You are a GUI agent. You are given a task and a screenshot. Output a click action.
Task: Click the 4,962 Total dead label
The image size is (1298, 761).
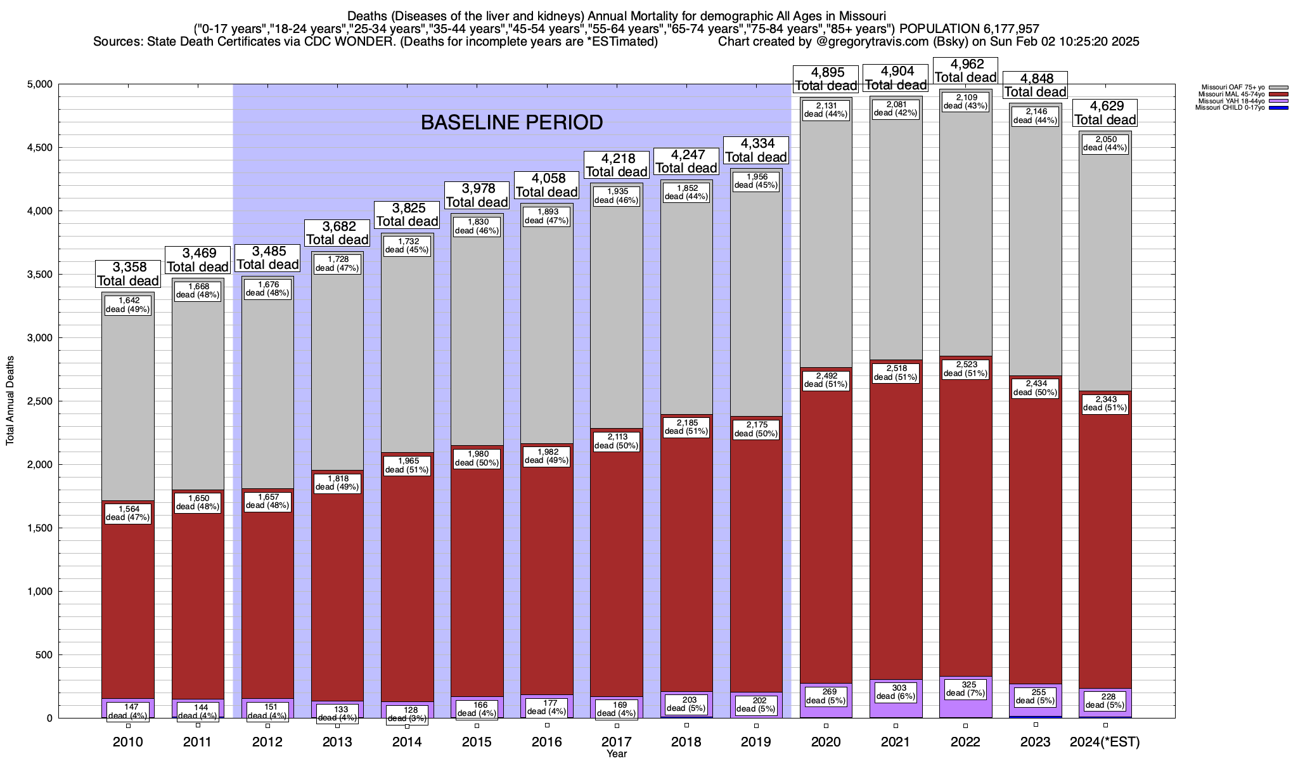point(966,70)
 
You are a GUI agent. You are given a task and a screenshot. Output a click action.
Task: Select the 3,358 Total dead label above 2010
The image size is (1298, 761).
point(128,273)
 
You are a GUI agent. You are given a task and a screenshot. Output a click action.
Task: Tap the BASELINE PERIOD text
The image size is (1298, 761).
point(511,122)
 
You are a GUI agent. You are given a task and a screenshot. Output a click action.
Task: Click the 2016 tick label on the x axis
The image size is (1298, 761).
point(546,742)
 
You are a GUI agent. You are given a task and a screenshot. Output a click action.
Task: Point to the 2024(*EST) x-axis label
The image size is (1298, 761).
point(1105,742)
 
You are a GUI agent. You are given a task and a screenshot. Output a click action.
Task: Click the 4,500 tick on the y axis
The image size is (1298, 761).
point(39,148)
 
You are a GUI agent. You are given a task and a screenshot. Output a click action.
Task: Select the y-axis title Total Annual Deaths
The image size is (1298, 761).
point(10,400)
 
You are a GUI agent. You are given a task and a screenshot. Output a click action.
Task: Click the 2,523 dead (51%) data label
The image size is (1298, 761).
point(965,369)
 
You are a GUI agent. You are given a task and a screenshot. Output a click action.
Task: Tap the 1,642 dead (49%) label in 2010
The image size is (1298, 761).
point(128,305)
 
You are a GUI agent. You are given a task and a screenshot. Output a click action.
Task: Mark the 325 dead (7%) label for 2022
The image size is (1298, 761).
point(965,689)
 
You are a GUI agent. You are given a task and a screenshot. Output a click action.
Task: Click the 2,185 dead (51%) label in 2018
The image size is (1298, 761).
point(686,427)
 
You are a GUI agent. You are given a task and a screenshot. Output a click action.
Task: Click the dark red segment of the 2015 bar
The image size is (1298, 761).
point(477,583)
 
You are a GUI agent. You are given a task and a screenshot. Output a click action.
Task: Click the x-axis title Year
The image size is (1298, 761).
point(616,754)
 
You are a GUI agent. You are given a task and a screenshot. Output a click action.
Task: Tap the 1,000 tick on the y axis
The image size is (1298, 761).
point(39,592)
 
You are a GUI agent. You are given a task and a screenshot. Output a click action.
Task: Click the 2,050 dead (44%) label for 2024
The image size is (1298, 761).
point(1105,143)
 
